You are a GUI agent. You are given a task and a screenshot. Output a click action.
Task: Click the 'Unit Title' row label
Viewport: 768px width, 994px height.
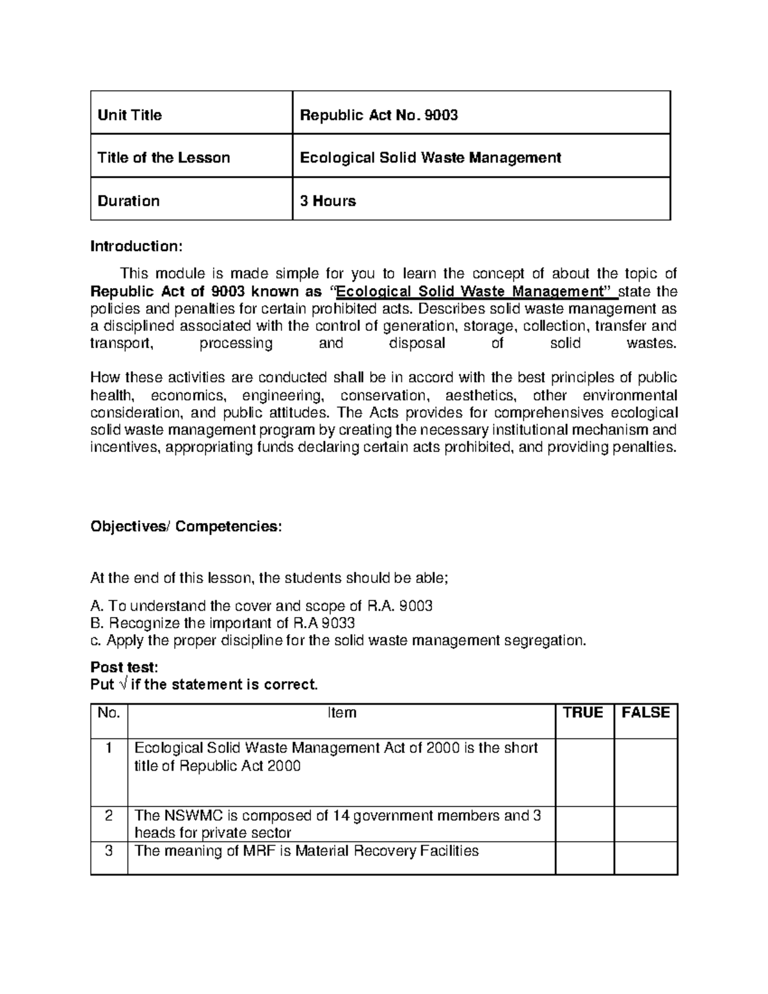[x=129, y=115]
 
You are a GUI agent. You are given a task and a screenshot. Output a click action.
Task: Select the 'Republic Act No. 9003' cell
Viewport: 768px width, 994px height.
[x=379, y=115]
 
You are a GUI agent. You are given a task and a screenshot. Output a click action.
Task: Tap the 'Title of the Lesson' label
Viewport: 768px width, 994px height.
[x=163, y=157]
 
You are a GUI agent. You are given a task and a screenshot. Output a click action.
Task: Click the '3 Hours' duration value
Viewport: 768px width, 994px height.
[x=328, y=201]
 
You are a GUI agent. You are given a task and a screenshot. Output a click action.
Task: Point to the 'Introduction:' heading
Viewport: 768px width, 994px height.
[x=136, y=246]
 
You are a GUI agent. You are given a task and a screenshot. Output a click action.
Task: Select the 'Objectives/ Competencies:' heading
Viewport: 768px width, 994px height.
[x=186, y=526]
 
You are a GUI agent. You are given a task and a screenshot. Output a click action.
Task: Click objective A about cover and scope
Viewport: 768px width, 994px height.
[x=262, y=605]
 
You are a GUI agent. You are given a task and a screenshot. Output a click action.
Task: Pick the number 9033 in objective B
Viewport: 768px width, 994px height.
[x=337, y=623]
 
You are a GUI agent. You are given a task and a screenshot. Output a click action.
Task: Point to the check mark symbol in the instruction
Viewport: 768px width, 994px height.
[x=122, y=685]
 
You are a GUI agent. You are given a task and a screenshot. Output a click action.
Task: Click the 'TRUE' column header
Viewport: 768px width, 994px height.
[x=583, y=713]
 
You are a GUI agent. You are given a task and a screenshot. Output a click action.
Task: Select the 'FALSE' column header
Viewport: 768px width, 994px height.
[x=645, y=713]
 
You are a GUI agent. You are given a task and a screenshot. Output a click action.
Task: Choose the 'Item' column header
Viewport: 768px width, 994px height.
[x=341, y=713]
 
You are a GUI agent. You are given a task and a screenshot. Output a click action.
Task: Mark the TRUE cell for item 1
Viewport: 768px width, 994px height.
[x=584, y=772]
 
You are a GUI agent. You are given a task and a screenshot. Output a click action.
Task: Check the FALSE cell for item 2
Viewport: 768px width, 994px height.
[x=645, y=824]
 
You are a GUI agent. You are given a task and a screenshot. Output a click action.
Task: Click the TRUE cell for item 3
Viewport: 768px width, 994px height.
[x=584, y=858]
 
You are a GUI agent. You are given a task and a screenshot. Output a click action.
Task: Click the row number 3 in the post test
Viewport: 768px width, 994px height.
[x=109, y=851]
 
